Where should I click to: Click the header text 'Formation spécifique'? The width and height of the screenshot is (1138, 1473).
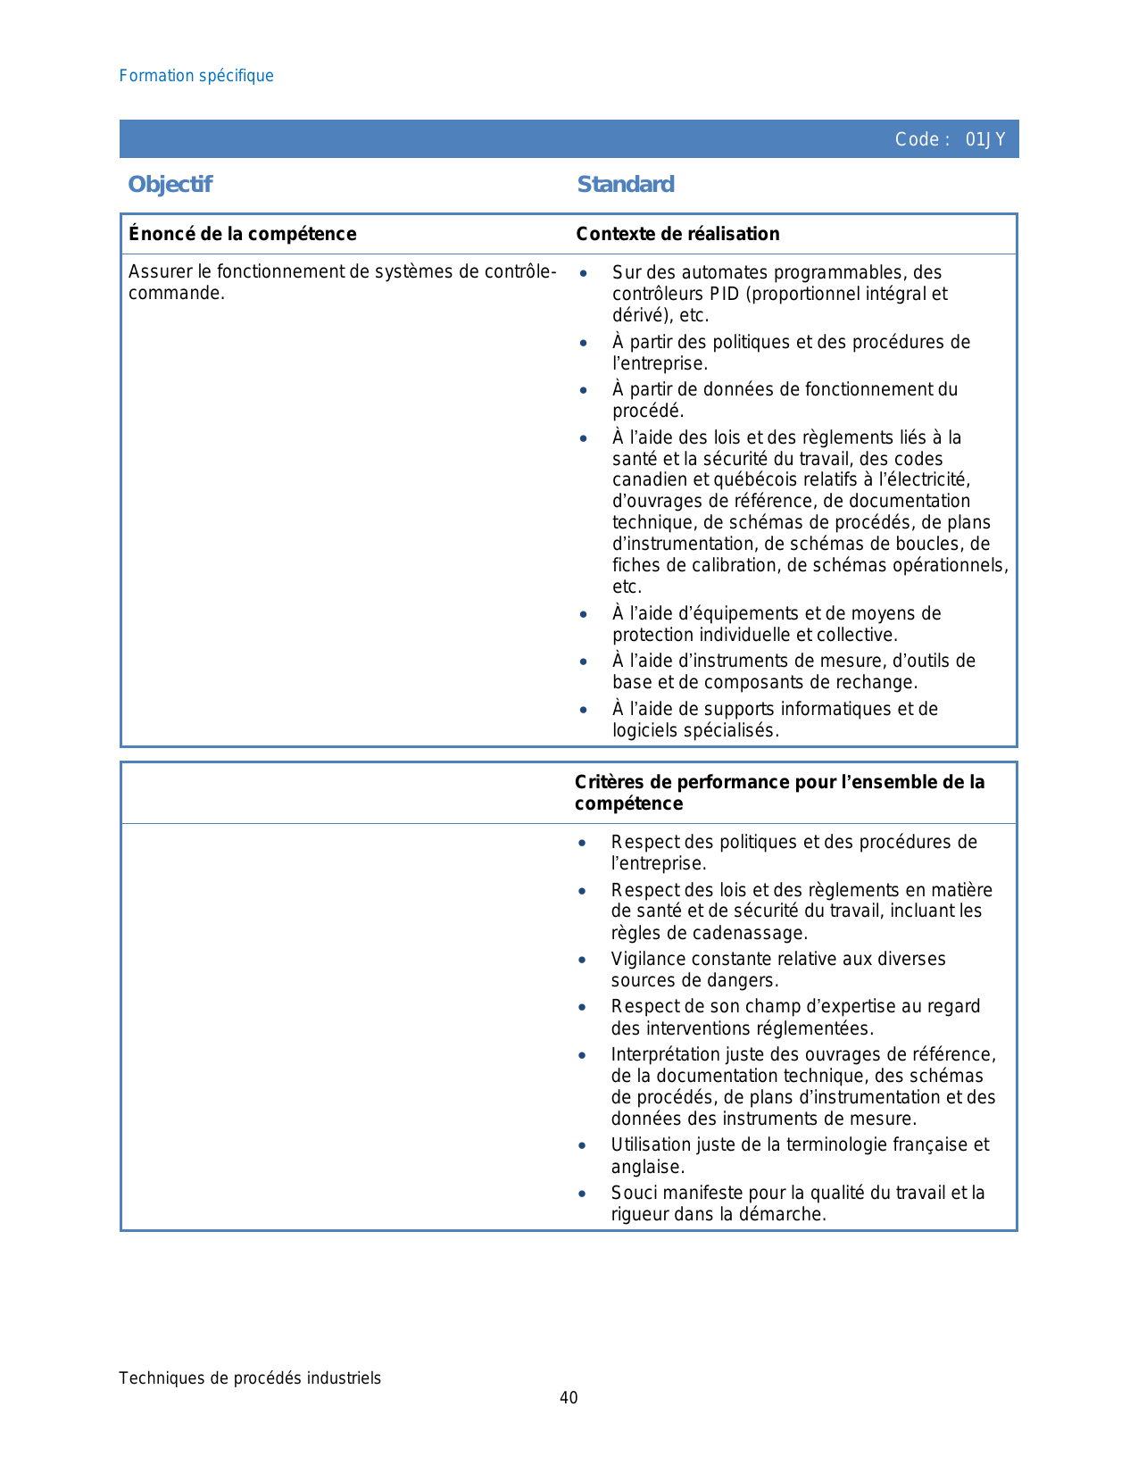pyautogui.click(x=196, y=76)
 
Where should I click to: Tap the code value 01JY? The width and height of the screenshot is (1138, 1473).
pyautogui.click(x=985, y=139)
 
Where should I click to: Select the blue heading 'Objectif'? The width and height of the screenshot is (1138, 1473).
pyautogui.click(x=170, y=185)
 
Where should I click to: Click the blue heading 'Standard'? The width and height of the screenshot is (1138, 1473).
pyautogui.click(x=626, y=185)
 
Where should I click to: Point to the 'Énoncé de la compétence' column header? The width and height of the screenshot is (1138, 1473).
pyautogui.click(x=242, y=234)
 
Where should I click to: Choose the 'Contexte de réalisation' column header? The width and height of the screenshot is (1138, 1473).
pyautogui.click(x=677, y=234)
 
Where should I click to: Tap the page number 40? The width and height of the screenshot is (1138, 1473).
pyautogui.click(x=569, y=1398)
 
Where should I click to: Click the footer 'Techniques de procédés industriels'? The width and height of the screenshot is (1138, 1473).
pyautogui.click(x=250, y=1378)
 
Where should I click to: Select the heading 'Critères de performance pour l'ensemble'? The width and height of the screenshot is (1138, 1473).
pyautogui.click(x=779, y=783)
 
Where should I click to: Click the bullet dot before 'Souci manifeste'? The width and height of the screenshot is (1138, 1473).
pyautogui.click(x=582, y=1193)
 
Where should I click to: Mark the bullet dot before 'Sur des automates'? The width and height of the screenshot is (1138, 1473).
pyautogui.click(x=583, y=272)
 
